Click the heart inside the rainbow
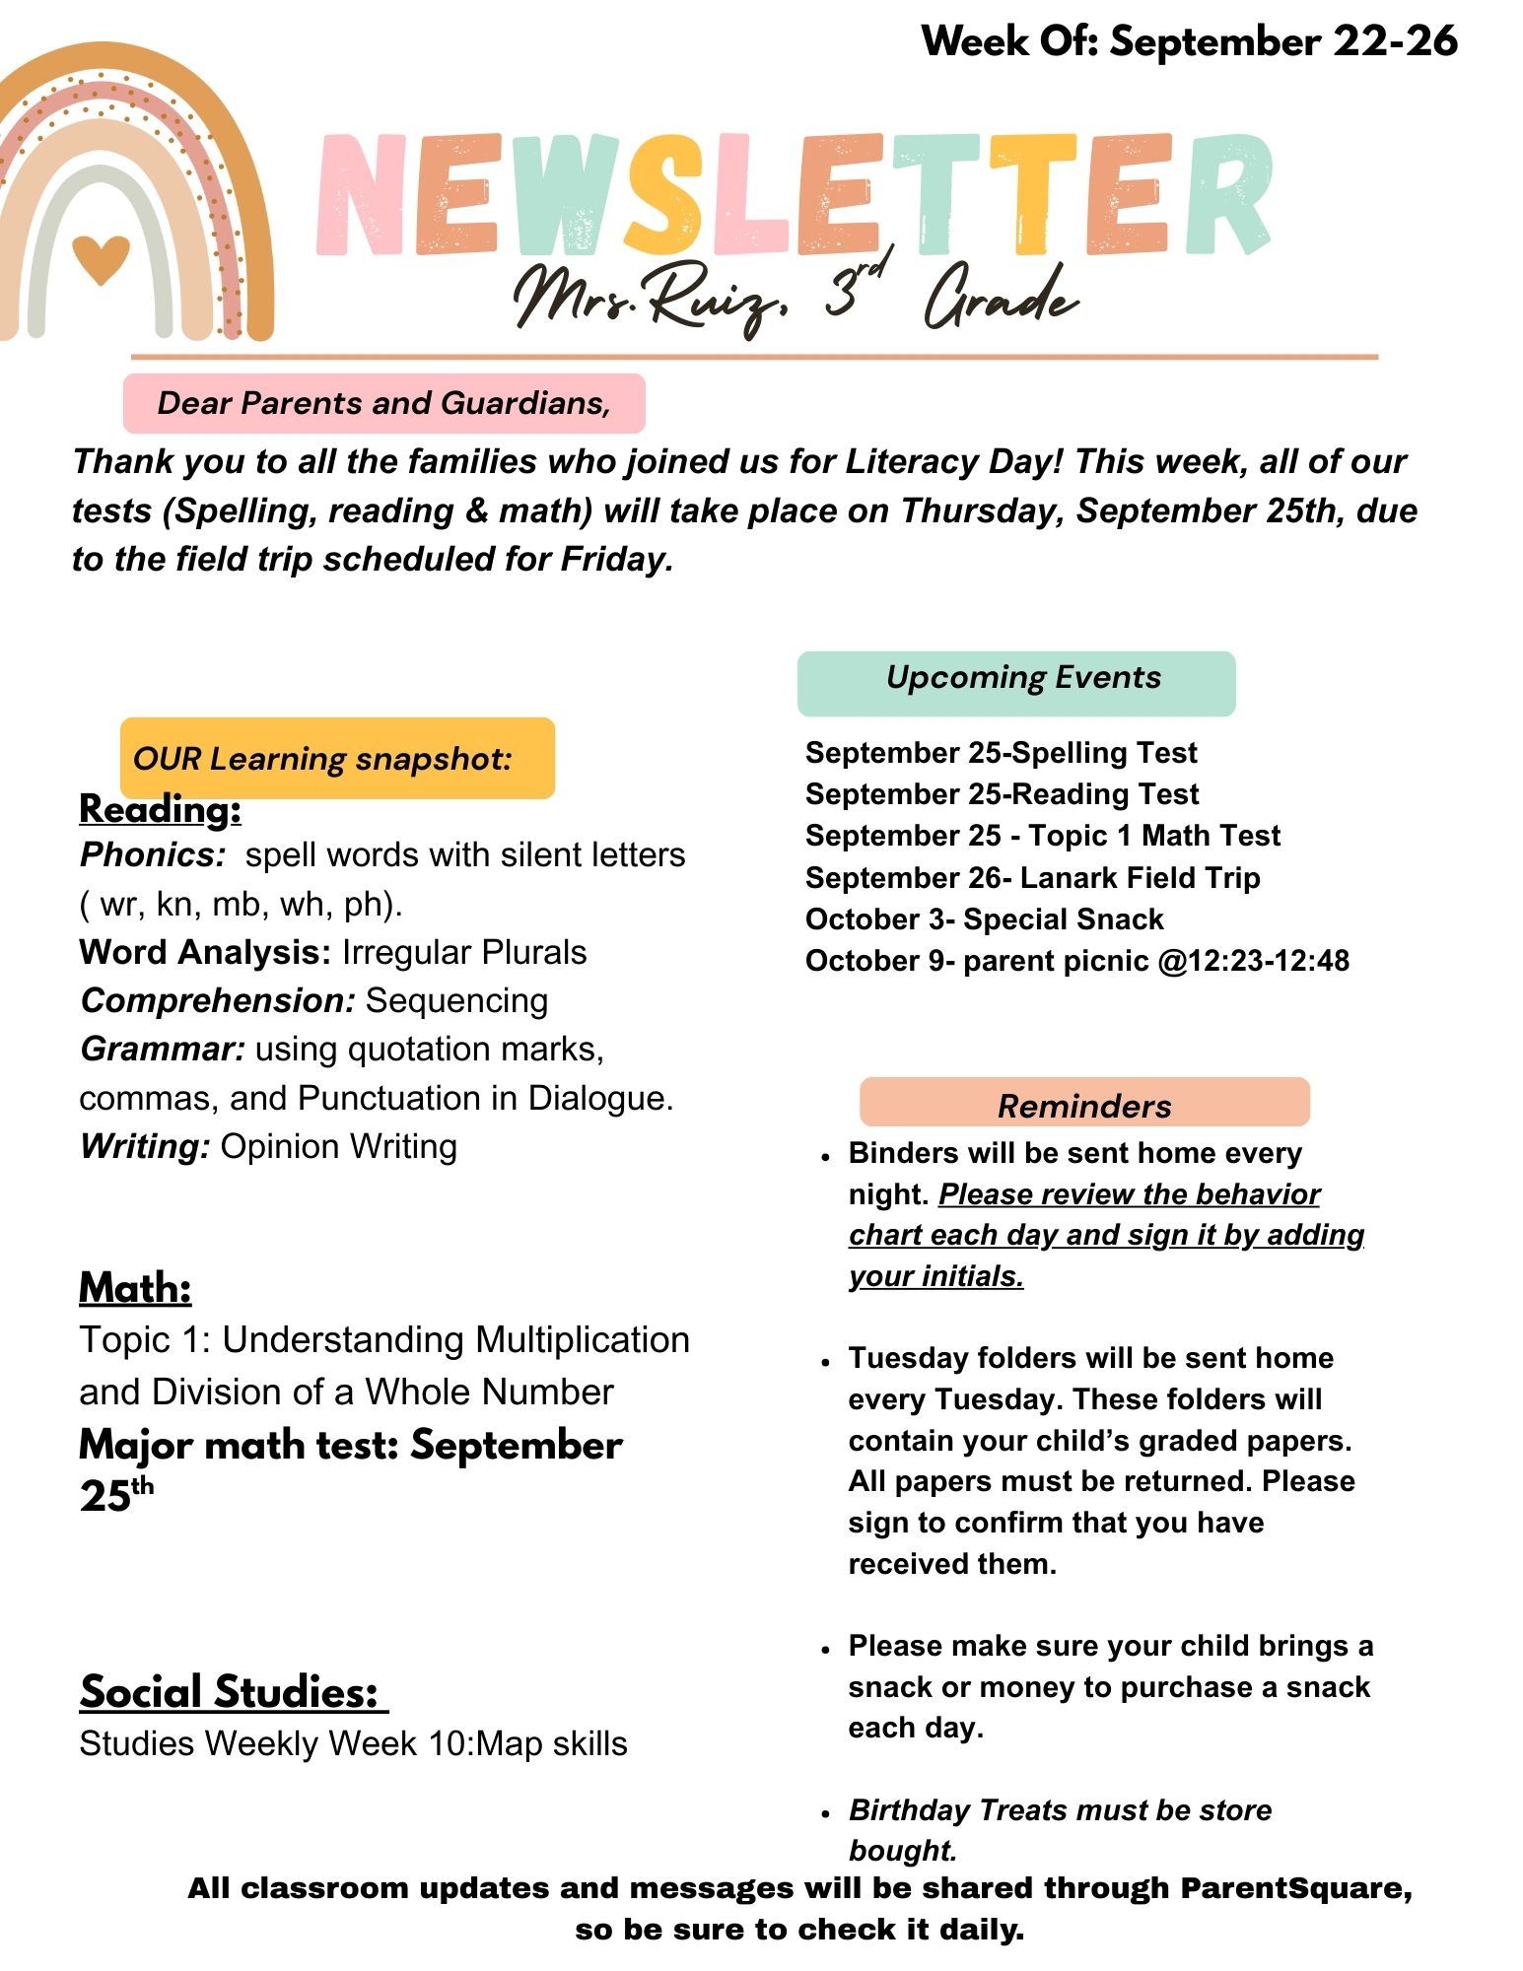101,258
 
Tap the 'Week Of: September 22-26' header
1189,41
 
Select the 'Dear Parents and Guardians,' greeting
383,403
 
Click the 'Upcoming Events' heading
1023,678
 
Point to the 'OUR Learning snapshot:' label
322,759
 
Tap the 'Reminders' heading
1084,1106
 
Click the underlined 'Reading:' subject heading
160,809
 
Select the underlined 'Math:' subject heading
135,1288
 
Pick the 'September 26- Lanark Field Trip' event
1032,877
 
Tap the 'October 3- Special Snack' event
984,919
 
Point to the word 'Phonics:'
154,854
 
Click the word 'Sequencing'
456,1000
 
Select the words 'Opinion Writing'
338,1147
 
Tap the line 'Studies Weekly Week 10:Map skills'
353,1743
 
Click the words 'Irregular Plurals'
464,952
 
